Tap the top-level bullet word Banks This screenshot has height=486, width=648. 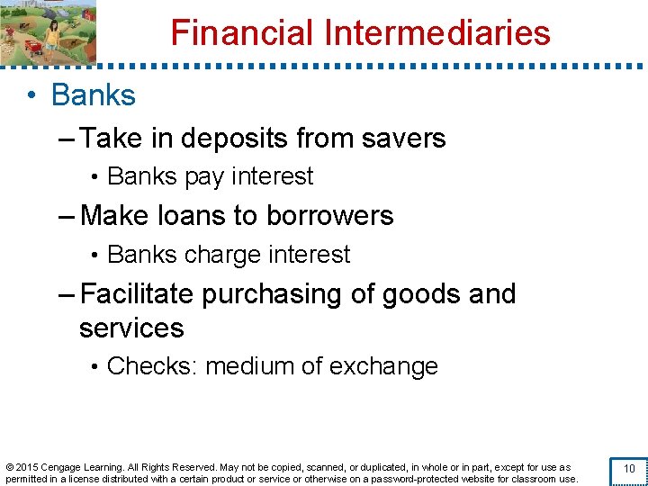[94, 95]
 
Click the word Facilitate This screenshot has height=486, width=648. [137, 294]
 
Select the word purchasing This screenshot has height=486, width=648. [276, 294]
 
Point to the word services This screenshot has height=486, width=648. [131, 328]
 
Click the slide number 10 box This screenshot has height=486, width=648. [629, 470]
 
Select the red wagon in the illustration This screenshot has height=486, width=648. [32, 44]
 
